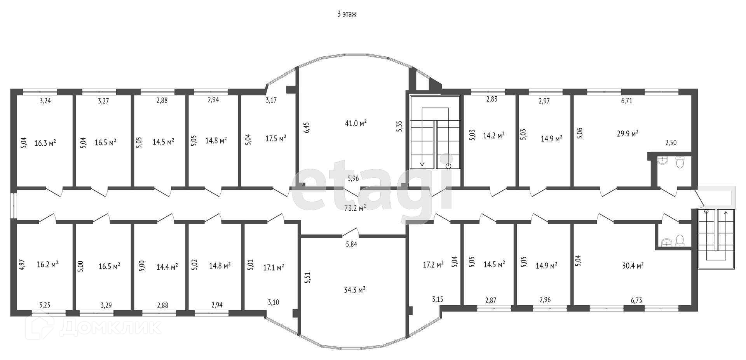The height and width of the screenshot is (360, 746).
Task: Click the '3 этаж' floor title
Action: point(347,14)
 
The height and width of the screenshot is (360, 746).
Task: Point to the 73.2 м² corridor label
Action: point(355,208)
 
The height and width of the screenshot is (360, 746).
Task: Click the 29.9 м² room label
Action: point(627,133)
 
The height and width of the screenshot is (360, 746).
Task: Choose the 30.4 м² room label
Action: point(633,266)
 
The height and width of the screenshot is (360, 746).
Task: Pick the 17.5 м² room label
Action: point(276,138)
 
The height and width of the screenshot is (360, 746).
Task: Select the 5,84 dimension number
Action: point(351,244)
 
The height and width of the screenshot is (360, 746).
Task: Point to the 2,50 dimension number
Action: point(671,143)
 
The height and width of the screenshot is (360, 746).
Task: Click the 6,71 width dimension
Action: point(627,101)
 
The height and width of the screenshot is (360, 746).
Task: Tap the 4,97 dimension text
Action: point(22,264)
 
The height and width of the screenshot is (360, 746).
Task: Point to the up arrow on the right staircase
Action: point(725,215)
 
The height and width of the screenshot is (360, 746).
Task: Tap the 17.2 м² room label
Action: point(433,265)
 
